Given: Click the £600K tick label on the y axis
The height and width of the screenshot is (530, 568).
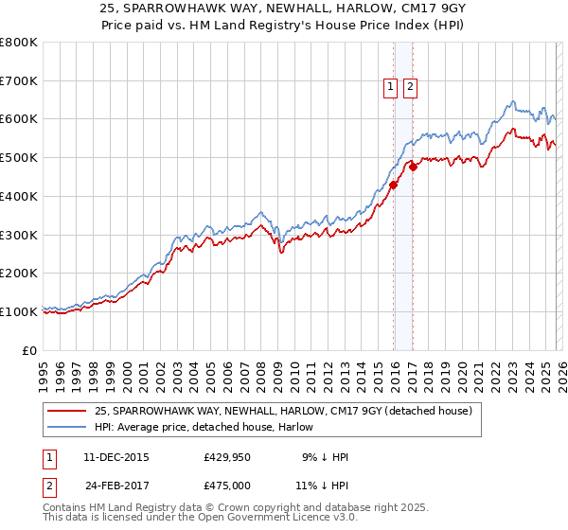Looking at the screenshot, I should [x=19, y=119].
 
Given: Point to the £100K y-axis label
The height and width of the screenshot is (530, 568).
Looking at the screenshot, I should [x=19, y=311].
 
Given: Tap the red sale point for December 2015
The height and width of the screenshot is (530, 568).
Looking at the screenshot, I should [x=394, y=185].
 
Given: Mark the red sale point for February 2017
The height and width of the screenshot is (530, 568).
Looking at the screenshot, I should [x=414, y=168].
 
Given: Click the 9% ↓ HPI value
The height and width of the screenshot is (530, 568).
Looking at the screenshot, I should [x=325, y=457].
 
